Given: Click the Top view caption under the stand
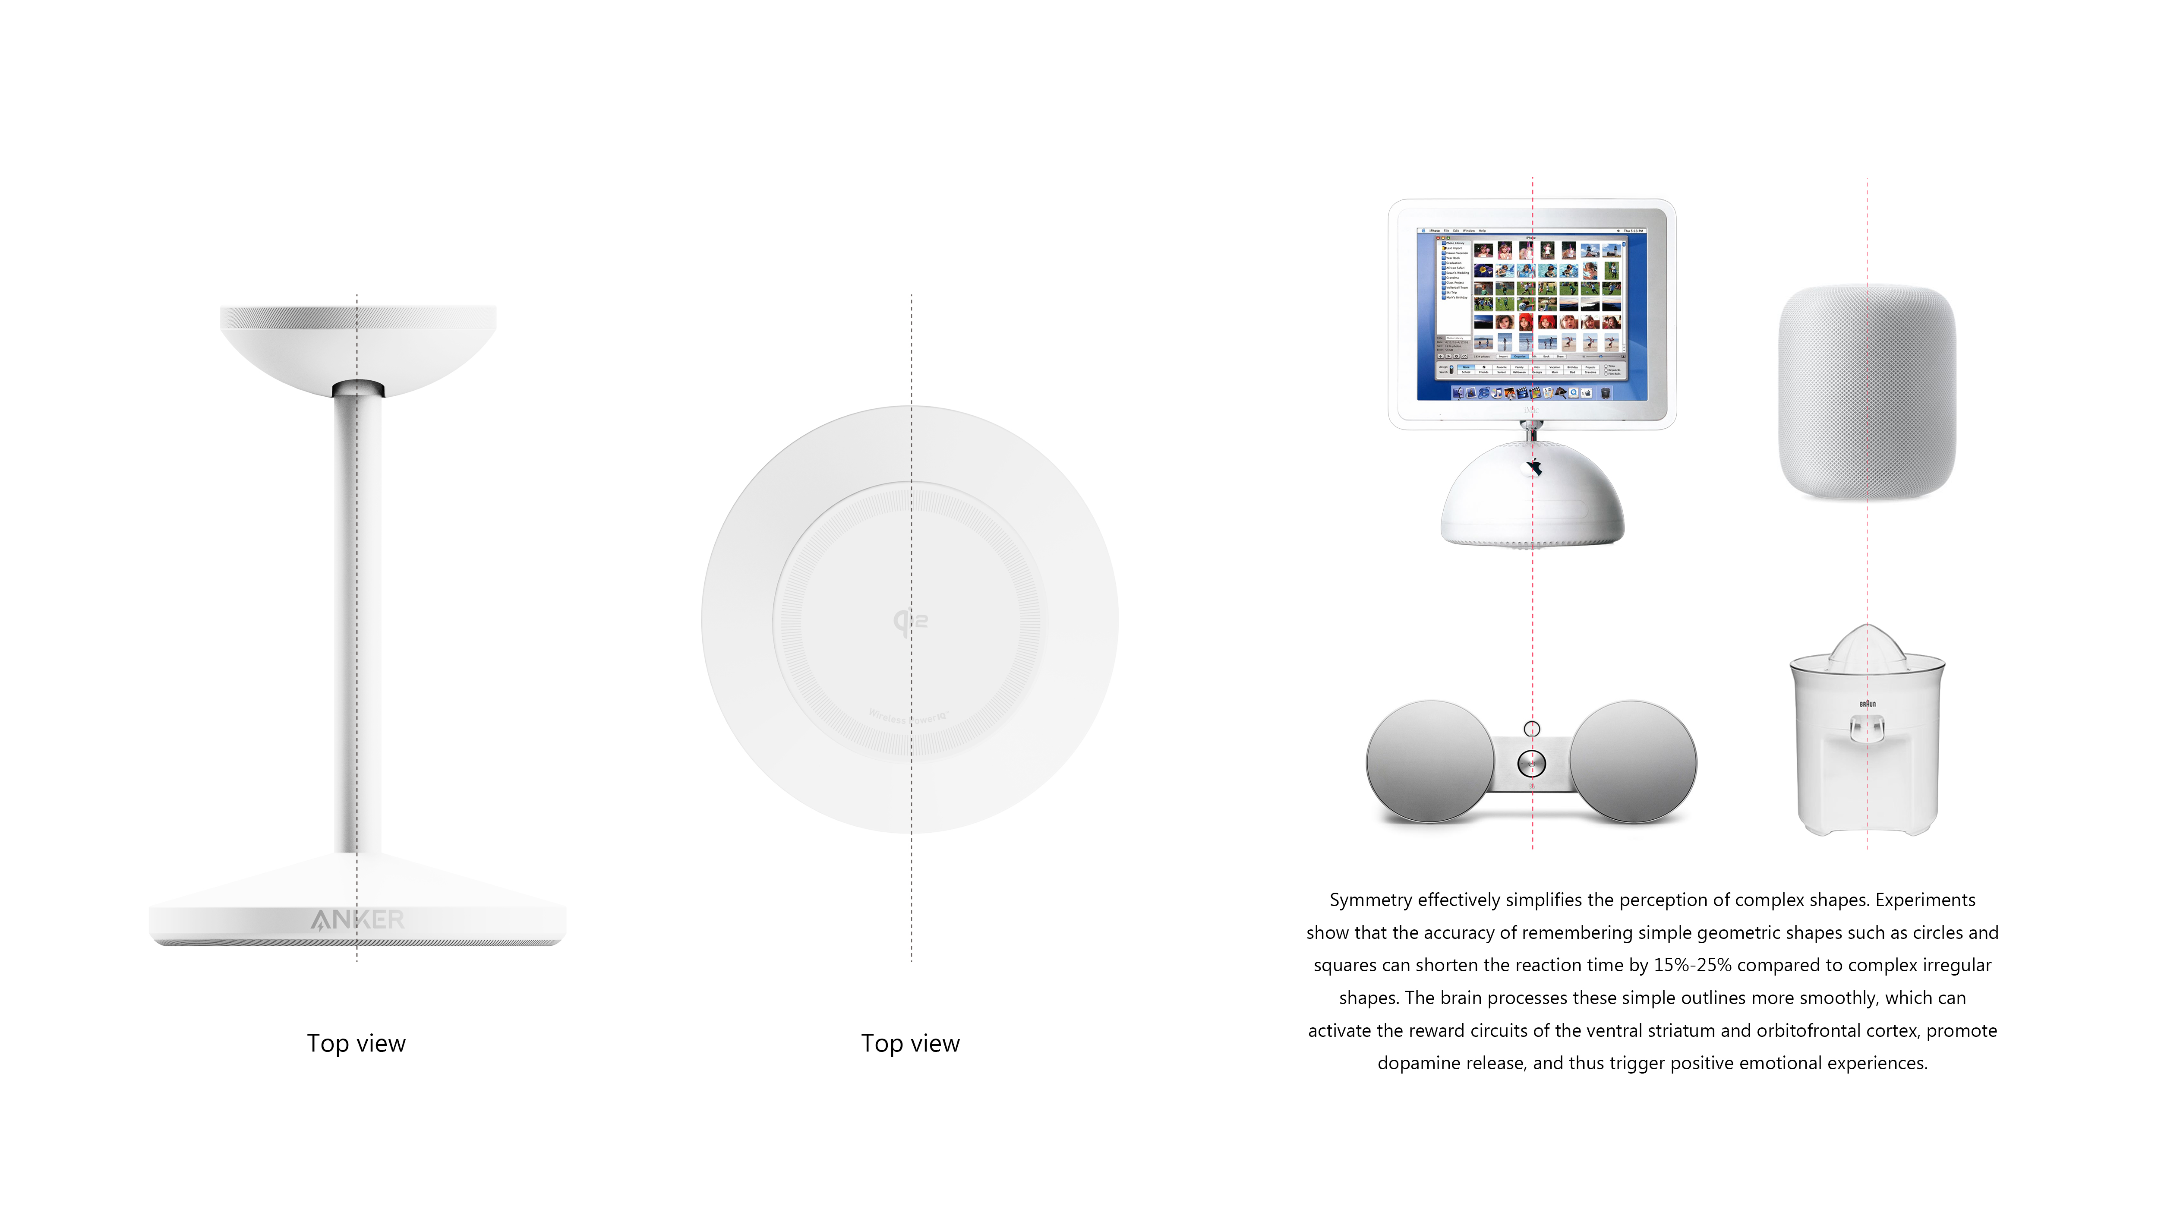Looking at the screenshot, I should coord(356,1044).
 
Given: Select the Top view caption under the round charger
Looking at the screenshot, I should coord(911,1044).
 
